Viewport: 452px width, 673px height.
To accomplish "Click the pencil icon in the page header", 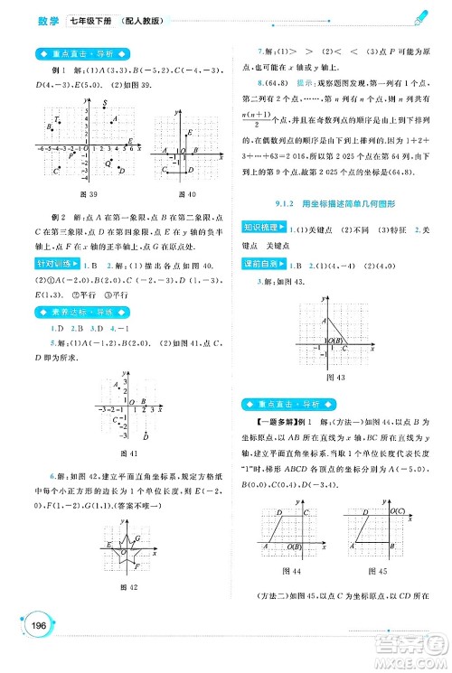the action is pos(420,18).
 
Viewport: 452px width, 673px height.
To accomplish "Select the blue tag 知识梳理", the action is pos(268,230).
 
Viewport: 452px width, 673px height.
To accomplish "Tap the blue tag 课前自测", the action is pos(268,263).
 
